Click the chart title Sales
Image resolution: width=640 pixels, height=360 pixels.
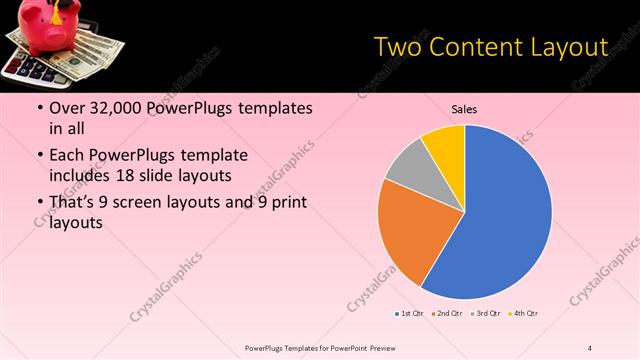click(463, 108)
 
